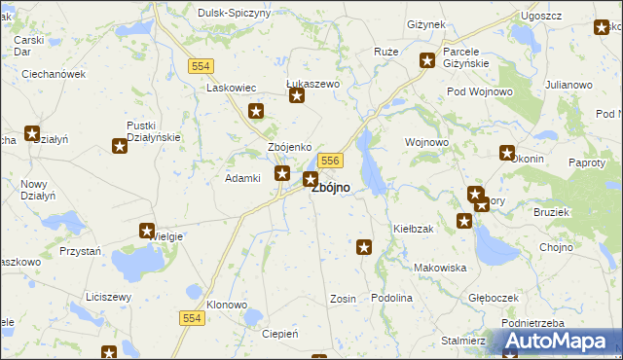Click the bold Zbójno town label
pos(331,188)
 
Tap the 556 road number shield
pos(330,161)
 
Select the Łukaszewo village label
pos(312,84)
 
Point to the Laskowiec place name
pos(230,87)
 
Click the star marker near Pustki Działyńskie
pos(120,146)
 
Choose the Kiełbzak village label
pos(413,228)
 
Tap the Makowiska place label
pos(440,267)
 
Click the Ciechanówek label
pos(55,73)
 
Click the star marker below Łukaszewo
pos(298,95)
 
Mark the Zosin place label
pos(343,298)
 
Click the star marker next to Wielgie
pos(144,233)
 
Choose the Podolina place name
pos(392,298)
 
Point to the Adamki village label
pos(242,178)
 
